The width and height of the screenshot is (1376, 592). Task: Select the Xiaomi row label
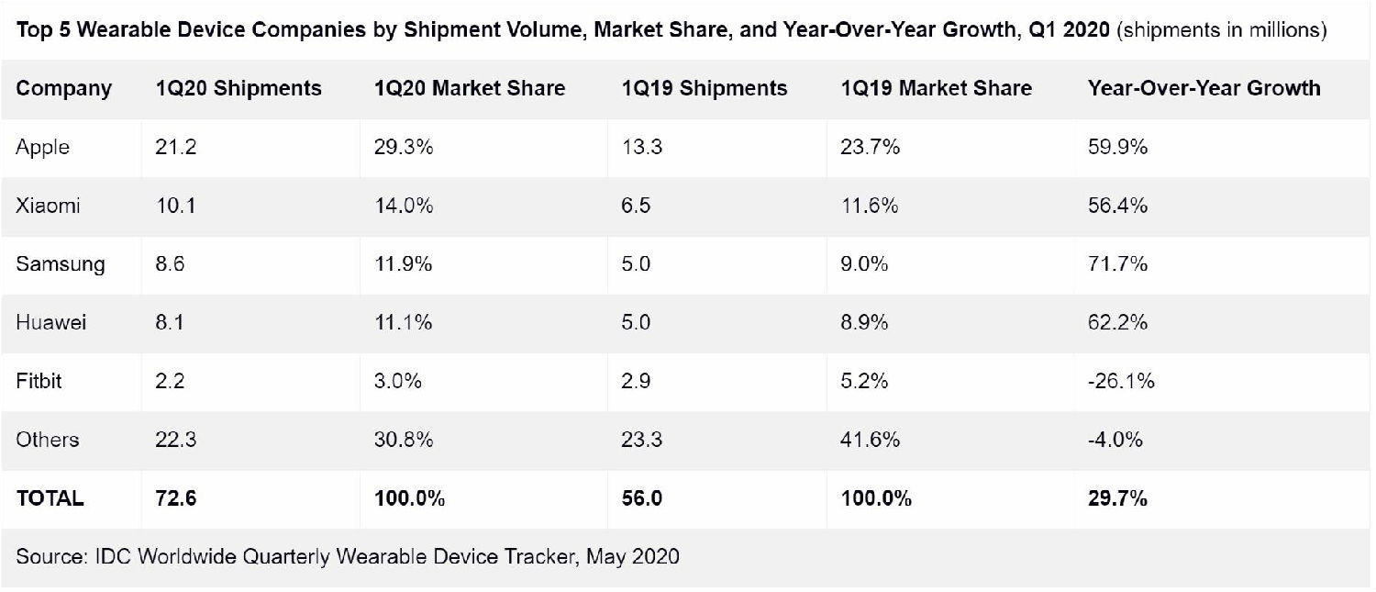pyautogui.click(x=48, y=206)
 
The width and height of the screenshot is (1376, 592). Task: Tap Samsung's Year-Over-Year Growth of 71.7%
pyautogui.click(x=1117, y=264)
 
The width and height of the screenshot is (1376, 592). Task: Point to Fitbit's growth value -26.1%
pyautogui.click(x=1121, y=381)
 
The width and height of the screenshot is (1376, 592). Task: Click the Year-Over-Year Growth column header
pyautogui.click(x=1204, y=88)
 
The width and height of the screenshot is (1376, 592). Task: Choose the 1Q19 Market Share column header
pyautogui.click(x=936, y=88)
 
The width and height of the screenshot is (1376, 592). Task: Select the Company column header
pyautogui.click(x=64, y=88)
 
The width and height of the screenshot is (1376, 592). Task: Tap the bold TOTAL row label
pyautogui.click(x=50, y=498)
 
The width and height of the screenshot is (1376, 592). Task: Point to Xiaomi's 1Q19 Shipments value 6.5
pyautogui.click(x=636, y=206)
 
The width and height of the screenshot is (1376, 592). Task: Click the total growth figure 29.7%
pyautogui.click(x=1117, y=498)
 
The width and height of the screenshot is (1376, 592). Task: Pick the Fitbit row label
pyautogui.click(x=39, y=381)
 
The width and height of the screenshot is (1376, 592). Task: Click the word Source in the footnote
pyautogui.click(x=47, y=556)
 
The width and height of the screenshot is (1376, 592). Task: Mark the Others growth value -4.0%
pyautogui.click(x=1115, y=440)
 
